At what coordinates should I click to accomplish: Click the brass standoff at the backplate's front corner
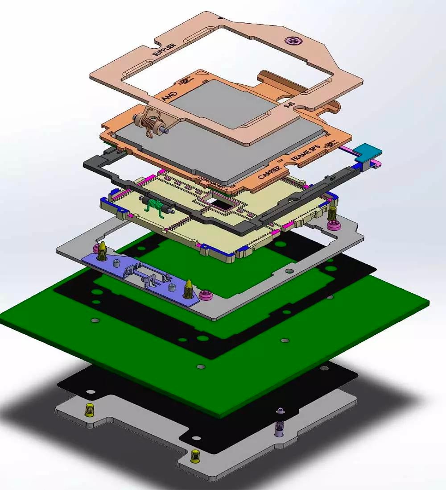point(195,456)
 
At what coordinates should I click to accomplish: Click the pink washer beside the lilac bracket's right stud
point(205,295)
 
